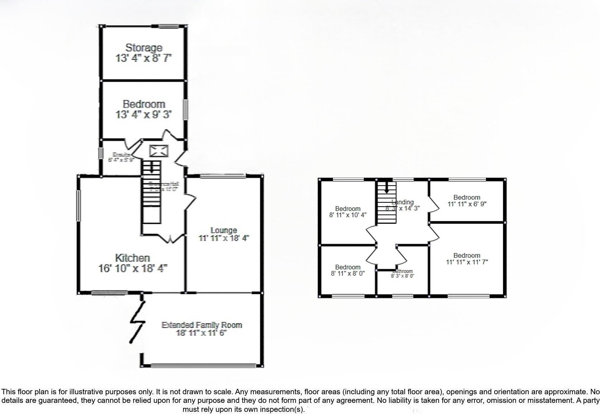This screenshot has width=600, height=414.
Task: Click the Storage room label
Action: tap(144, 48)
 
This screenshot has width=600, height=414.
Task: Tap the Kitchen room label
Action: tap(132, 258)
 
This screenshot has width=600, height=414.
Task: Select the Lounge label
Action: tap(224, 230)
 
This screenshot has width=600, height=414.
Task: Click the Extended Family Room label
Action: tap(202, 325)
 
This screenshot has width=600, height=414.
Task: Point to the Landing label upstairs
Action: tap(403, 202)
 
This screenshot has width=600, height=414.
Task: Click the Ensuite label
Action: tap(119, 155)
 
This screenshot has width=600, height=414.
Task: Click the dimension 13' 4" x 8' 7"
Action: tap(144, 58)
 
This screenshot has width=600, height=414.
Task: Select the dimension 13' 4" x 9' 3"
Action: tap(144, 115)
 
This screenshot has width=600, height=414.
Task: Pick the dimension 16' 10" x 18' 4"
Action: tap(133, 268)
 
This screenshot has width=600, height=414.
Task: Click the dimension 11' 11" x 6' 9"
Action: tap(467, 204)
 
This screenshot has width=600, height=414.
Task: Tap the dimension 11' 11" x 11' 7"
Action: tap(467, 262)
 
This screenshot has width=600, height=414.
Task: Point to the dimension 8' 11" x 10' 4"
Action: tap(348, 215)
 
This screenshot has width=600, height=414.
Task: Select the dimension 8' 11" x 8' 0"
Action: tap(348, 273)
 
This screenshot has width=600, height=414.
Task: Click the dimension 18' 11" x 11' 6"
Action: tap(202, 333)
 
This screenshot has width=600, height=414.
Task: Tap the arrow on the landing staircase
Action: tap(386, 187)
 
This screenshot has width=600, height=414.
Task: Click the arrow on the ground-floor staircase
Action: tap(151, 166)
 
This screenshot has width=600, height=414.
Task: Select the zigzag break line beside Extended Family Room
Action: tap(137, 322)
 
